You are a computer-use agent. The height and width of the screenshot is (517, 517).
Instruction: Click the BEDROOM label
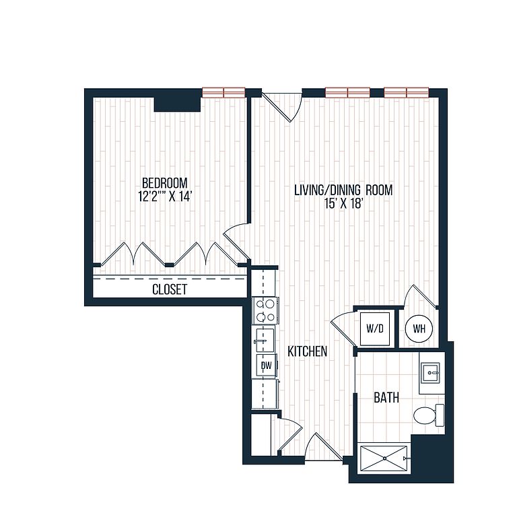tap(164, 182)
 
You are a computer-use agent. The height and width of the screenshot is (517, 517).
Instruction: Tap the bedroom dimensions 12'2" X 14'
tap(164, 197)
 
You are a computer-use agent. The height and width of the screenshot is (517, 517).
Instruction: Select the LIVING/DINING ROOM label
tap(343, 191)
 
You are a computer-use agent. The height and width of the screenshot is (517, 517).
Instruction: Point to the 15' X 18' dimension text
tap(344, 204)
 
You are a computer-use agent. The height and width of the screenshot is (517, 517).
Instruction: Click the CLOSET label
tap(170, 289)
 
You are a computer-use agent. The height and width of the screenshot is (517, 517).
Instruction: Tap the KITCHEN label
tap(307, 351)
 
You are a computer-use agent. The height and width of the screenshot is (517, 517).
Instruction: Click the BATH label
tap(386, 398)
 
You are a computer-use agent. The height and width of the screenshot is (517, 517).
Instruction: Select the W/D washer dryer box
tap(375, 329)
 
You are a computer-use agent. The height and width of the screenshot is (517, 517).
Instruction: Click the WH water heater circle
tap(419, 329)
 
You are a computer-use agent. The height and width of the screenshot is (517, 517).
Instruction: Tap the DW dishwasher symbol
tap(267, 365)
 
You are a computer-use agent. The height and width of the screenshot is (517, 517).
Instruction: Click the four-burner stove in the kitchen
tap(265, 310)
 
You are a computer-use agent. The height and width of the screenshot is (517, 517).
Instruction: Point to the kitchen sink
tap(264, 339)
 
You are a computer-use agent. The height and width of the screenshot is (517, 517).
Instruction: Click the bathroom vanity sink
tap(430, 373)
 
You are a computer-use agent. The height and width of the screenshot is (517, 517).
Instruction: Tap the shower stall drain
tap(384, 458)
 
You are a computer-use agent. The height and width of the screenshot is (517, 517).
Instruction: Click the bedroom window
tap(223, 92)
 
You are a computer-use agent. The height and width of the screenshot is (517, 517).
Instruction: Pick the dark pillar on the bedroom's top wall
tap(178, 104)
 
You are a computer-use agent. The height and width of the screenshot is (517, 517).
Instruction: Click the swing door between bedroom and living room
tap(237, 242)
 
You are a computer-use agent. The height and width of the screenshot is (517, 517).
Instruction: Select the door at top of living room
tap(283, 106)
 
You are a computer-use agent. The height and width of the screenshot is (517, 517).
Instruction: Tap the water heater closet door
tap(422, 296)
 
